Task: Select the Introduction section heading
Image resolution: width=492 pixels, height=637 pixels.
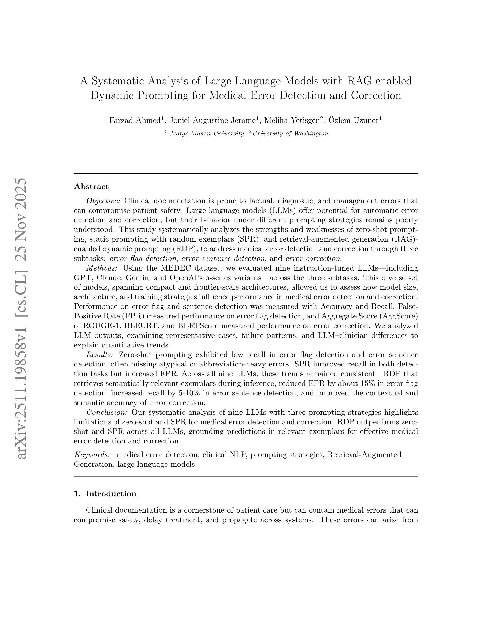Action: [x=111, y=494]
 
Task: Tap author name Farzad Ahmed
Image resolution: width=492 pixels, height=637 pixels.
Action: [x=135, y=120]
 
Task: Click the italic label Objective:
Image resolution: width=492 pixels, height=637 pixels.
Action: [x=103, y=201]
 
